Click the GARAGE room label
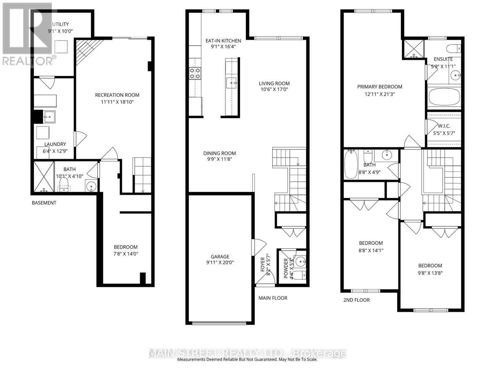[x=220, y=257]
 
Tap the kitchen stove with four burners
[x=195, y=73]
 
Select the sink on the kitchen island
[x=231, y=83]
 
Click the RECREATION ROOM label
[x=117, y=95]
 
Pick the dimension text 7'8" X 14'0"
[x=126, y=254]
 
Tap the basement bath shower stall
[x=44, y=176]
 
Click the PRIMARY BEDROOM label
[x=380, y=87]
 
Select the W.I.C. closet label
[x=444, y=126]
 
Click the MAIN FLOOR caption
[x=273, y=298]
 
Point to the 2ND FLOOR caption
[x=356, y=300]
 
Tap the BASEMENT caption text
[x=44, y=203]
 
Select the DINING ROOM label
[x=220, y=153]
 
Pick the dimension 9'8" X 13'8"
[x=430, y=273]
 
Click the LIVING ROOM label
[x=274, y=83]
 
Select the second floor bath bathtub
[x=351, y=165]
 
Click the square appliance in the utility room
[x=61, y=47]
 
